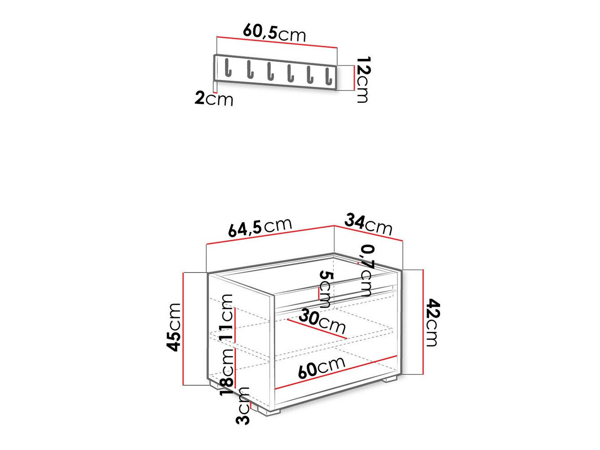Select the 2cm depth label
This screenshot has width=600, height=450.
point(214,98)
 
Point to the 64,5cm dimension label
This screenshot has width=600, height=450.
point(260,227)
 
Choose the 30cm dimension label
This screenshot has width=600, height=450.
point(322,321)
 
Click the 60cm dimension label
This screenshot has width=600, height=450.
point(321,367)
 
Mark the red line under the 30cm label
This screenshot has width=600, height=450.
point(317,329)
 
